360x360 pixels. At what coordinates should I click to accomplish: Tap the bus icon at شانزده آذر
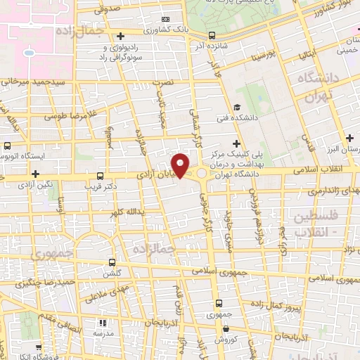pos(212,34)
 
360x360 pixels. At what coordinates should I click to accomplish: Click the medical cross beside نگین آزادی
pos(35,173)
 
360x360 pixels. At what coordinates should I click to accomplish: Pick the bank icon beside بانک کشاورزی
pos(165,19)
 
